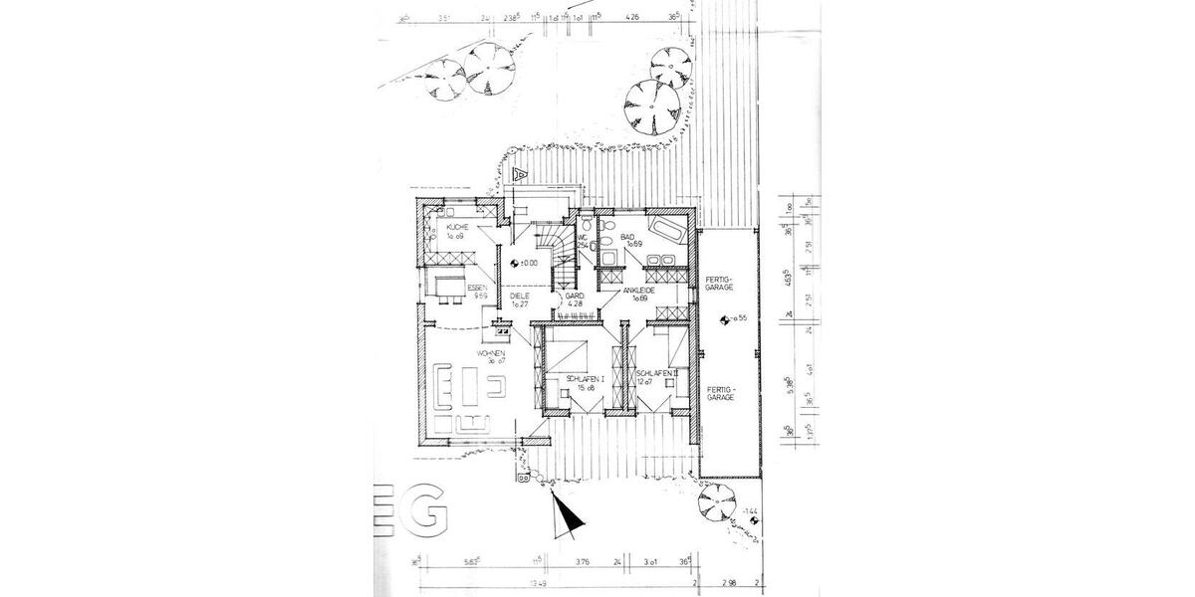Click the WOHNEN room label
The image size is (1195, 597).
tap(491, 354)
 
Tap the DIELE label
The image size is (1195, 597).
tap(519, 297)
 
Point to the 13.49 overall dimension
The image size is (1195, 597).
tap(539, 584)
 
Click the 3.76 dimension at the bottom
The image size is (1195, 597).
tap(582, 560)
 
